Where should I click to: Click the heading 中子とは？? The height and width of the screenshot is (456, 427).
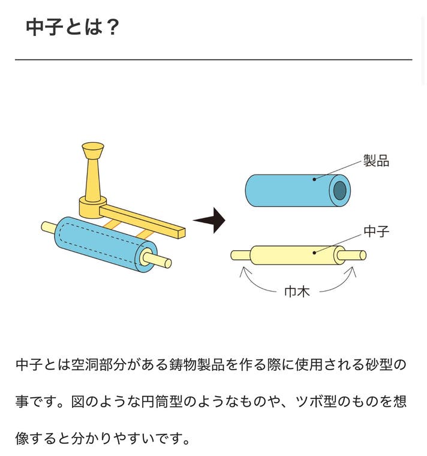[72, 27]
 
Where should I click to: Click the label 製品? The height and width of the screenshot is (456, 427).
[376, 161]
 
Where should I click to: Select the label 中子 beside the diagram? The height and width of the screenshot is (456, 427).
[376, 232]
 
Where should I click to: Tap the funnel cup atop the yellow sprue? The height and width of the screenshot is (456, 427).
[93, 149]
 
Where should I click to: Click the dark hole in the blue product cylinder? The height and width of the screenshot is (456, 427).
[339, 191]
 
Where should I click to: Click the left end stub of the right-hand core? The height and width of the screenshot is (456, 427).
[240, 255]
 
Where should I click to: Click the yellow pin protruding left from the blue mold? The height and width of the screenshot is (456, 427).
[48, 227]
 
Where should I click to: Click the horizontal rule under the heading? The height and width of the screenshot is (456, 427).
[213, 59]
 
